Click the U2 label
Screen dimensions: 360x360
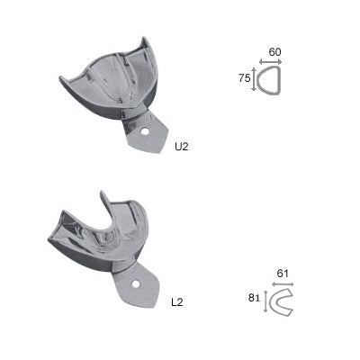pos(182,147)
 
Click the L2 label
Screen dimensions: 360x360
pos(177,302)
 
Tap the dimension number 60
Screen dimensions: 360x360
pos(274,52)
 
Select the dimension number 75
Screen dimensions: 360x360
pos(245,78)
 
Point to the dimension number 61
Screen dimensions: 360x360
pos(283,274)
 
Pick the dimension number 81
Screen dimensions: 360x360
pos(255,298)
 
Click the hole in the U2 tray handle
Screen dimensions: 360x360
pos(146,131)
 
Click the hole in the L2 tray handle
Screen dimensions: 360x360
pos(136,283)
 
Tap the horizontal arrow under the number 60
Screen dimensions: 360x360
pos(271,62)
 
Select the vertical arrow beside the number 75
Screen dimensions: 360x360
pos(254,79)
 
